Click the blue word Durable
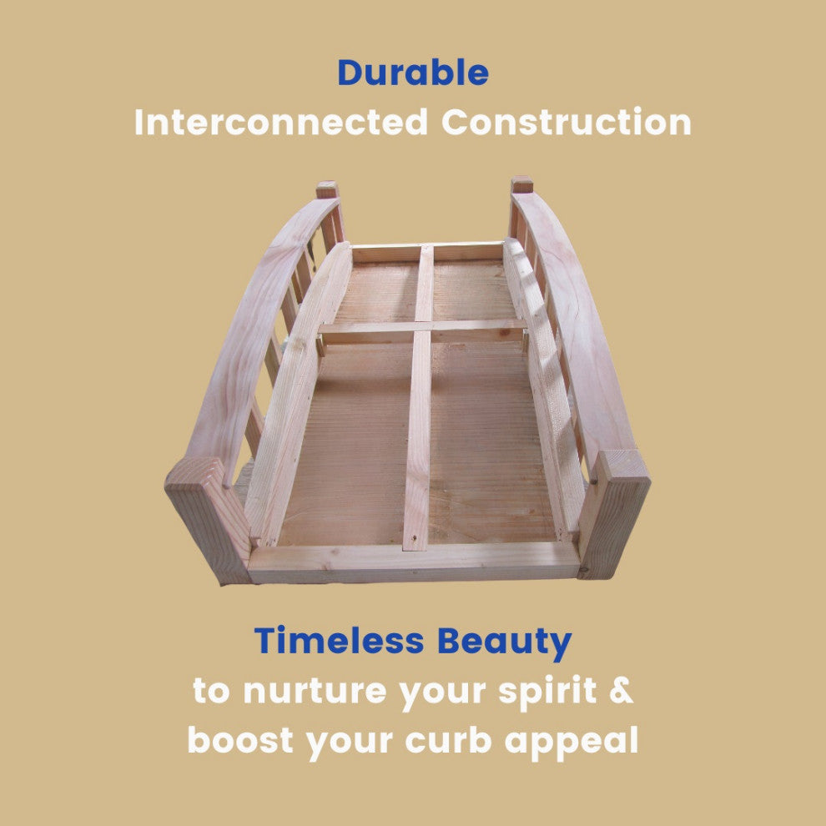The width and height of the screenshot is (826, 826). pyautogui.click(x=412, y=73)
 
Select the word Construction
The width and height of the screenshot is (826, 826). pyautogui.click(x=567, y=122)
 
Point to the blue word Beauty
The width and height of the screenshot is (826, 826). pyautogui.click(x=505, y=642)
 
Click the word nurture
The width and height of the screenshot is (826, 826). pyautogui.click(x=315, y=692)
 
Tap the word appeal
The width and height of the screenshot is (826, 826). pyautogui.click(x=571, y=742)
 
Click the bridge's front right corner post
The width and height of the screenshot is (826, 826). pyautogui.click(x=614, y=514)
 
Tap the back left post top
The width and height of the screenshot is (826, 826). pyautogui.click(x=326, y=189)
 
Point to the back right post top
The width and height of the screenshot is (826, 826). pyautogui.click(x=521, y=184)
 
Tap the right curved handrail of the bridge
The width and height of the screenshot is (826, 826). pyautogui.click(x=569, y=326)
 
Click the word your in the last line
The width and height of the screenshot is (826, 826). pyautogui.click(x=350, y=742)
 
